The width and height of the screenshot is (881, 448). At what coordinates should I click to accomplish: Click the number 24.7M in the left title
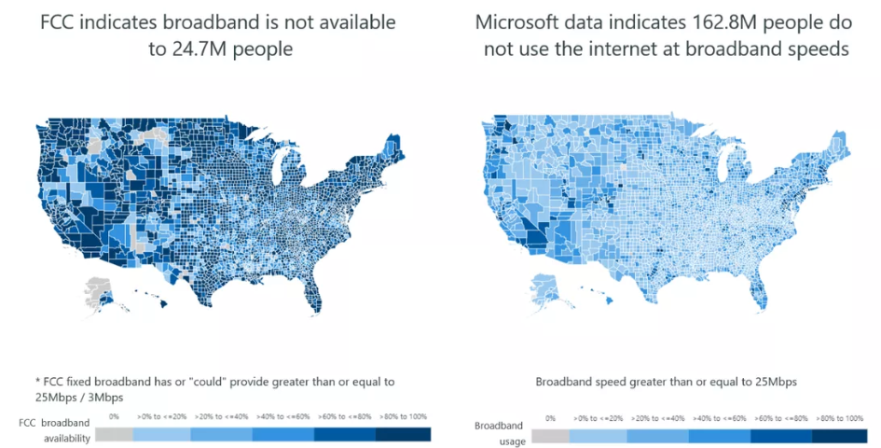[191, 49]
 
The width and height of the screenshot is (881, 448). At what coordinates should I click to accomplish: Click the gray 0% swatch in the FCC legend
[114, 433]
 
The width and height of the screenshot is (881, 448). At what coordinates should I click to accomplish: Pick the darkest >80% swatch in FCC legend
[404, 433]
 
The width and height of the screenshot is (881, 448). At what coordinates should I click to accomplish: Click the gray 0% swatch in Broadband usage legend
[550, 435]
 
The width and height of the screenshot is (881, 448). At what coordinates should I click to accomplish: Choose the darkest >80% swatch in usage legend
[843, 435]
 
